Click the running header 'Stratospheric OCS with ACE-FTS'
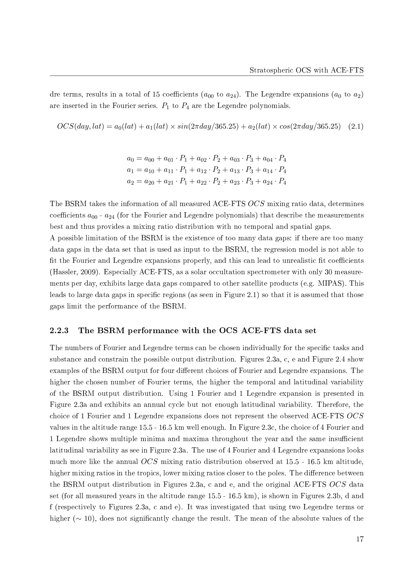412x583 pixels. tap(307, 70)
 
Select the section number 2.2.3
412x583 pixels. tap(59, 331)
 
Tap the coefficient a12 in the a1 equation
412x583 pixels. tap(201, 171)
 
